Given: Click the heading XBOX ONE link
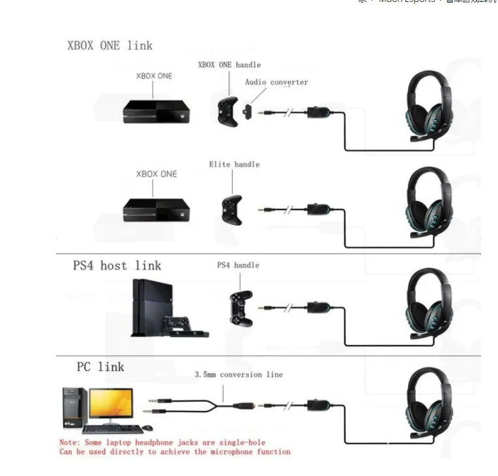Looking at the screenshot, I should tap(110, 46).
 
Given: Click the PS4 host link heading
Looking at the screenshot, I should tap(117, 265).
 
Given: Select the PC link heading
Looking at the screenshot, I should tap(100, 366).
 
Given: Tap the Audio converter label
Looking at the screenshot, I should tap(276, 82).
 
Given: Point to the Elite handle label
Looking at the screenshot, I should tap(234, 164).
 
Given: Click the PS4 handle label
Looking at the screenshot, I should tap(238, 265).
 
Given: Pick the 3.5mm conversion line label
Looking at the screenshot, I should tap(239, 375).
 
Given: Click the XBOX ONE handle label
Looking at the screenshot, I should tap(229, 65).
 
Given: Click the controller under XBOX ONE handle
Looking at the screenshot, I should tap(227, 110).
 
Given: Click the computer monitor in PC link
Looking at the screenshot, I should tap(111, 404).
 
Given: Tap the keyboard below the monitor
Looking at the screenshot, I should tap(112, 429).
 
